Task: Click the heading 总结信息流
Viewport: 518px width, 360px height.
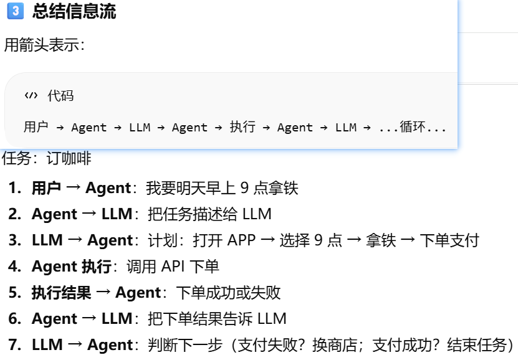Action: pos(74,11)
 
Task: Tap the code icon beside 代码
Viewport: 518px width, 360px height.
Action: pos(31,95)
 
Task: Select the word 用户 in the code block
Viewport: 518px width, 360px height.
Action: pos(36,127)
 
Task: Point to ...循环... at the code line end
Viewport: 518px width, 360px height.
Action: pos(413,127)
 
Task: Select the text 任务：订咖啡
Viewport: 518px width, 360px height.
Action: pos(47,159)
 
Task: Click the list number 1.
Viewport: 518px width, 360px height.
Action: pos(14,187)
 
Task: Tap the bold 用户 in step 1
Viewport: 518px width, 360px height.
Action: pos(46,187)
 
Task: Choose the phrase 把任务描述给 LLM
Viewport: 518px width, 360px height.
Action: pos(209,214)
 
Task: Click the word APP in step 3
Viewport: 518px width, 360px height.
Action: pos(242,240)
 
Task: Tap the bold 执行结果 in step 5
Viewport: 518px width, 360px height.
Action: pos(61,293)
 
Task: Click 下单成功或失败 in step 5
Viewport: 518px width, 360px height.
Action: pos(228,293)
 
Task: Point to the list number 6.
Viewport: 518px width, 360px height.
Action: pos(14,319)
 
